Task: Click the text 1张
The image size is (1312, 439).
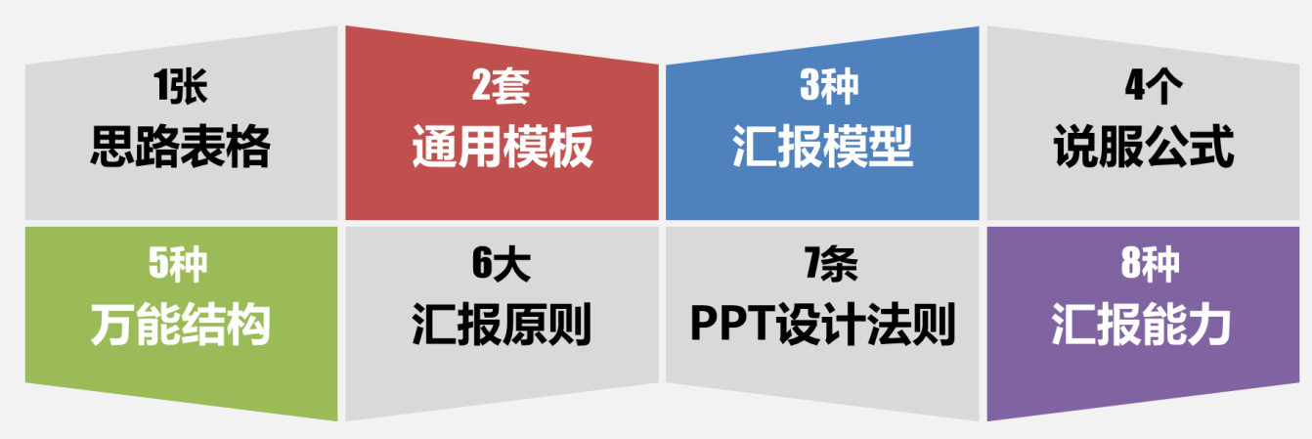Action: click(181, 87)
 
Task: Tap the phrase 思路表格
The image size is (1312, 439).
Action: click(181, 147)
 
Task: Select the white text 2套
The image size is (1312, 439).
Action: click(502, 87)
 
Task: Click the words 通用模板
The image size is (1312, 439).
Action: click(503, 147)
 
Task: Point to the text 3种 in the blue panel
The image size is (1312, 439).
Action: click(829, 87)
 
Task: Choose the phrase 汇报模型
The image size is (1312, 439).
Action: click(823, 147)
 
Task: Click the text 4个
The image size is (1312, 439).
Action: click(1154, 87)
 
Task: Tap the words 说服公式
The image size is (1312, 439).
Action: click(1144, 147)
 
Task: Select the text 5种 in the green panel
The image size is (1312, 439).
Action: click(178, 264)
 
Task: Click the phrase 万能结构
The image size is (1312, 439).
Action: click(181, 325)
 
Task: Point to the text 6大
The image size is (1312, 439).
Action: click(502, 264)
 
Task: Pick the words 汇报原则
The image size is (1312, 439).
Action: click(502, 325)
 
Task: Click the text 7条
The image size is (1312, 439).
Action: click(831, 264)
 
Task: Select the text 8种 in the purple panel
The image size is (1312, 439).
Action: click(1151, 264)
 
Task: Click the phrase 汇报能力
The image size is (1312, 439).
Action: click(1141, 325)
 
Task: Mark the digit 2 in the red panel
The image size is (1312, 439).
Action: click(483, 87)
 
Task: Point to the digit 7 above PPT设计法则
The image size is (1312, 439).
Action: click(814, 264)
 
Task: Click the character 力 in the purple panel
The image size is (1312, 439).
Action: click(1209, 325)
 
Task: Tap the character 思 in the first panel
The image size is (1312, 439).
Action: click(112, 147)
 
